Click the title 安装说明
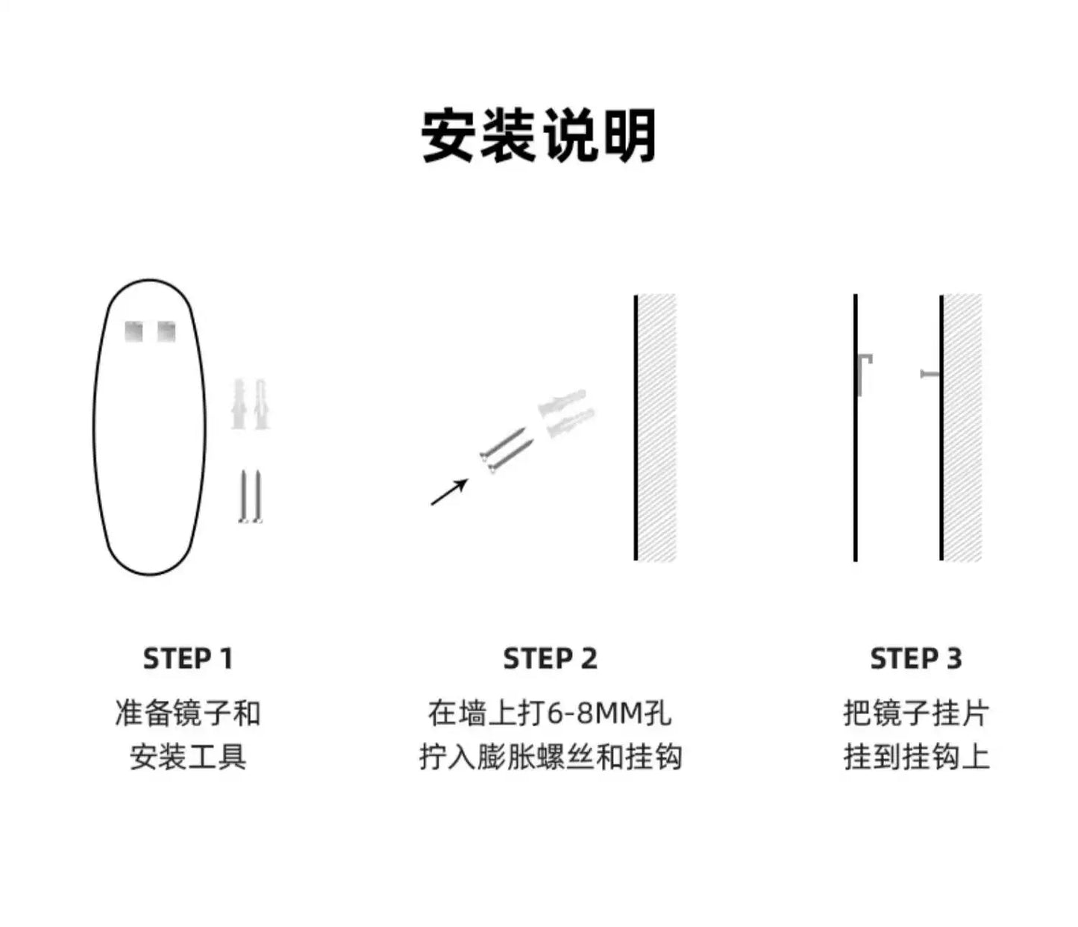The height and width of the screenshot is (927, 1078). [538, 136]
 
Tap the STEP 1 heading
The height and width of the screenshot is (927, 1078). [188, 658]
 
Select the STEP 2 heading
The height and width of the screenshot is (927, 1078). [551, 658]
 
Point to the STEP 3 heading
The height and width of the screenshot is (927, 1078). [916, 658]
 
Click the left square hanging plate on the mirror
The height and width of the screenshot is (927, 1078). [134, 332]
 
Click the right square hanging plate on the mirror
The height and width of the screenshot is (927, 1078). [166, 332]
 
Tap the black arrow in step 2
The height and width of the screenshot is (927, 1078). [449, 492]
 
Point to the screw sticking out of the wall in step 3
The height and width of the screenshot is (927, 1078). [930, 373]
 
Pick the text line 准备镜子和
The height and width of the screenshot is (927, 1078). [188, 713]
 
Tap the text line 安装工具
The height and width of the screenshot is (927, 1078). [188, 757]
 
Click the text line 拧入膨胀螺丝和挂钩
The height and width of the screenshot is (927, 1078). [551, 757]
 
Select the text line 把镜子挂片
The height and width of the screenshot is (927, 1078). [916, 713]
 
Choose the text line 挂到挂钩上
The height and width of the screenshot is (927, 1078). [916, 757]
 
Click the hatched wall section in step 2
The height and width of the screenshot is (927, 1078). [656, 428]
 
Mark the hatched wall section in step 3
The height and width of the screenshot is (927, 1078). [963, 428]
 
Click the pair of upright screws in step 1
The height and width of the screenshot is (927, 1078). [251, 496]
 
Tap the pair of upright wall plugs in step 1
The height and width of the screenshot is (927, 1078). [251, 405]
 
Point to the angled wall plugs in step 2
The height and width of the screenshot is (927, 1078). [566, 413]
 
